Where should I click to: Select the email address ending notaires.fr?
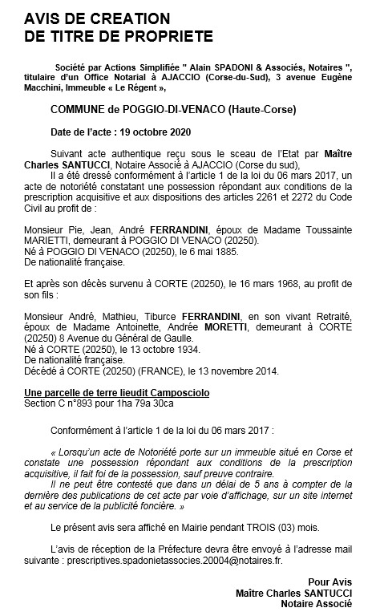tap(168, 560)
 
